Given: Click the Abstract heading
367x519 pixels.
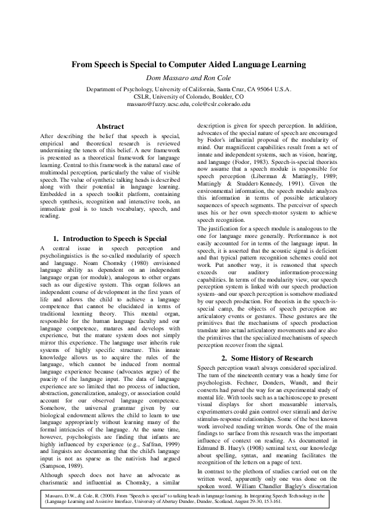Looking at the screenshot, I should (x=110, y=126).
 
